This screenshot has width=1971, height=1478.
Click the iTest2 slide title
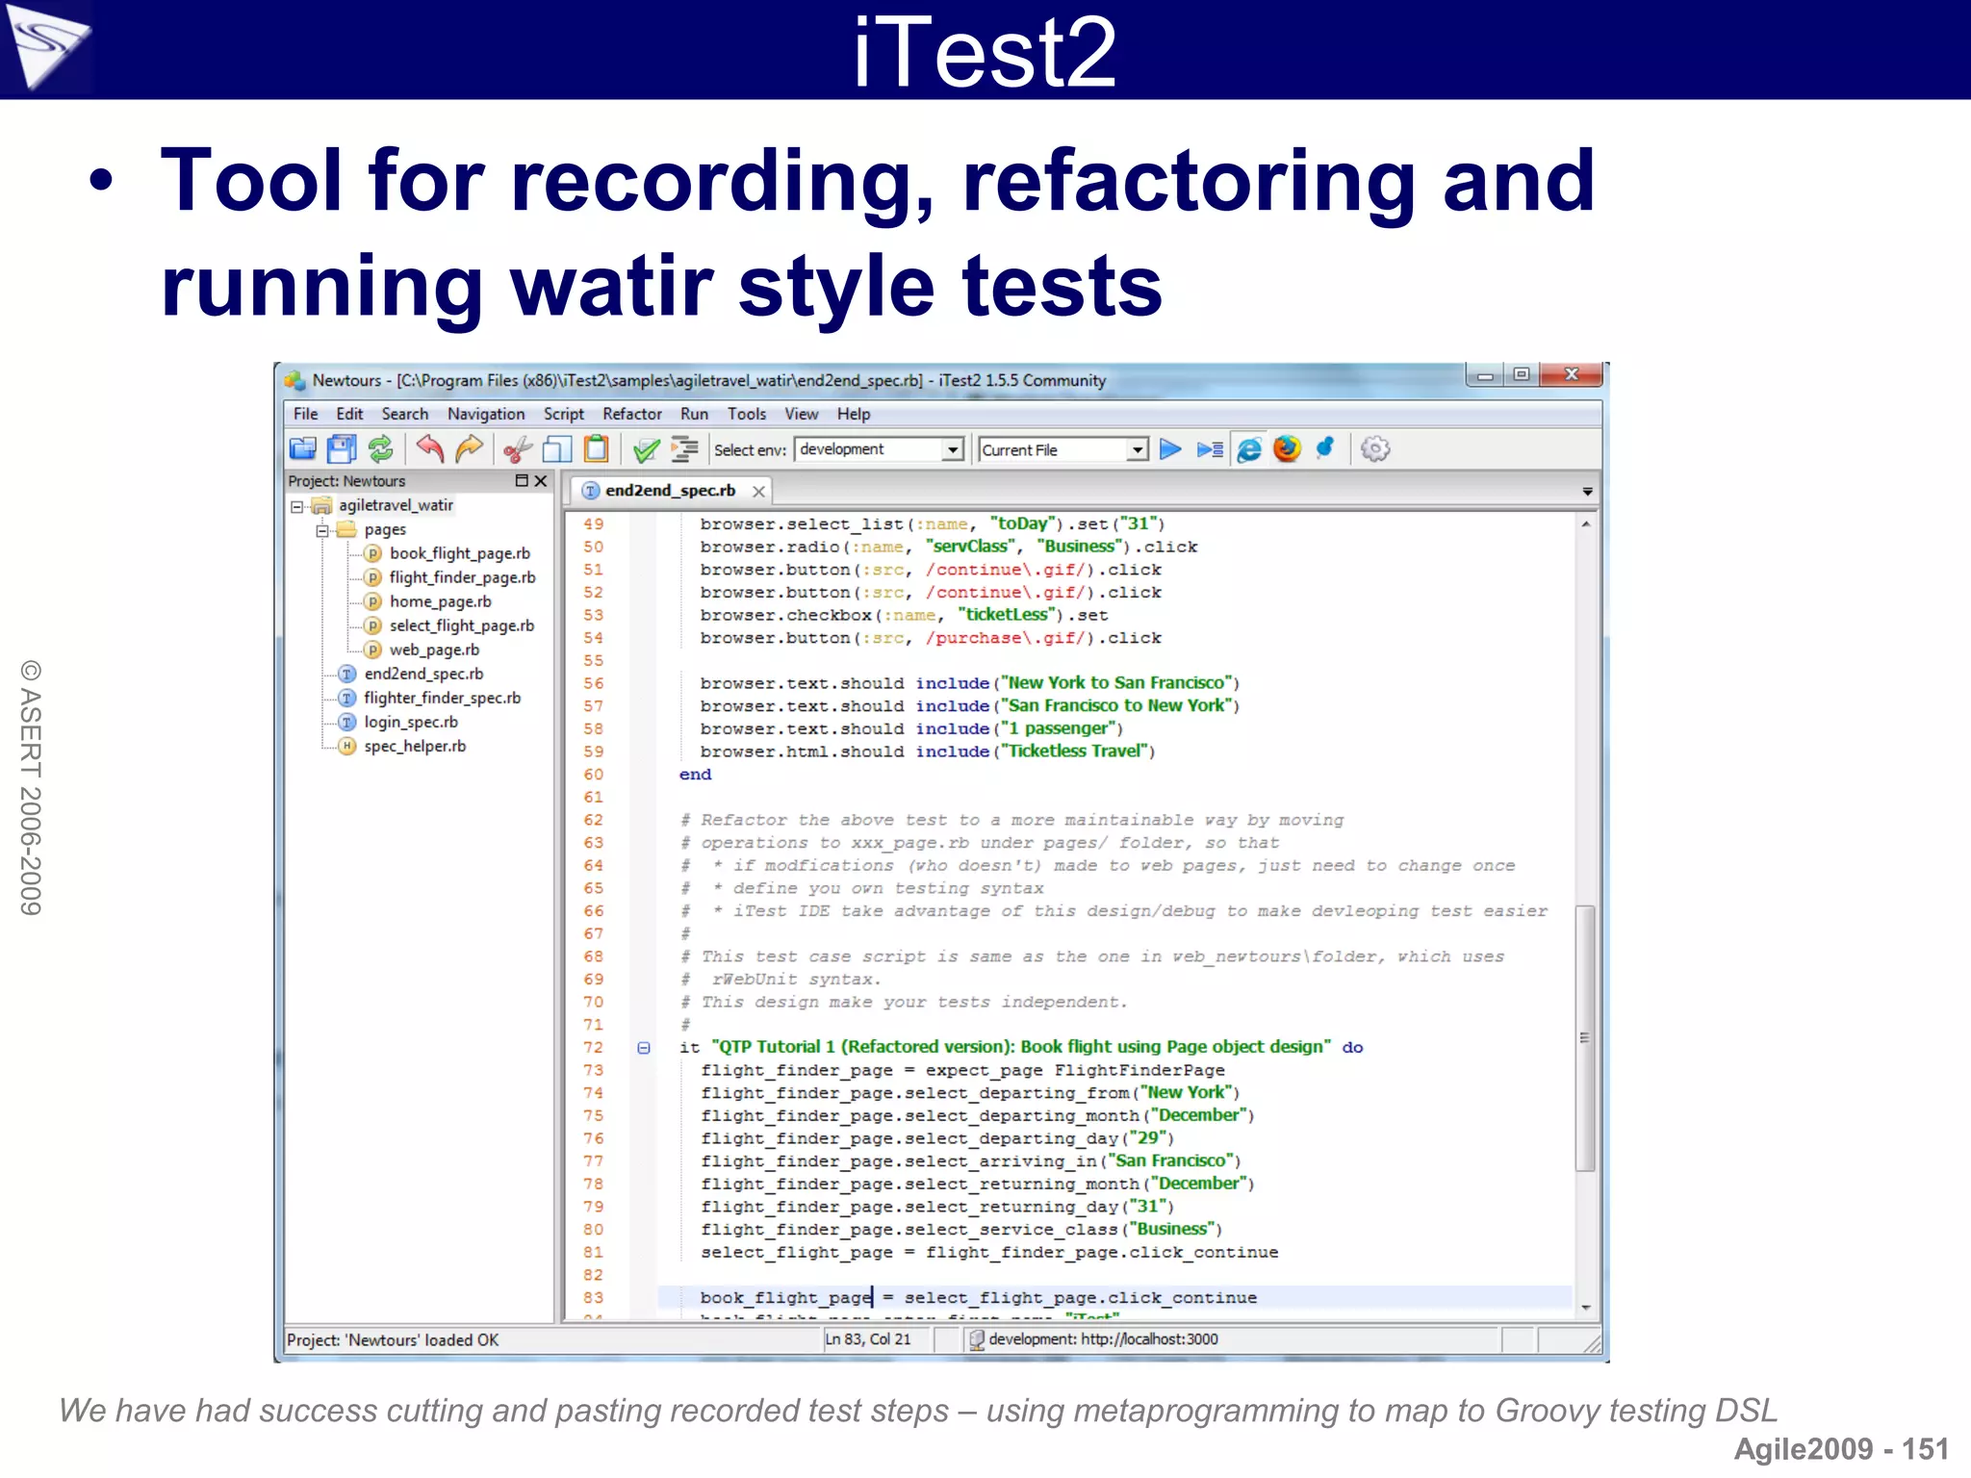point(984,52)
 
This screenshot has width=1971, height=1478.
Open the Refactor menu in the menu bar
point(631,414)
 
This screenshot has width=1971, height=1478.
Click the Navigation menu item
point(485,414)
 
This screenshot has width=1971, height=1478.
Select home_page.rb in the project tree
point(440,601)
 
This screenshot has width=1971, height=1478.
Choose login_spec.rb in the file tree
point(410,722)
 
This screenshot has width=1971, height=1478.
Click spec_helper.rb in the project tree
point(414,746)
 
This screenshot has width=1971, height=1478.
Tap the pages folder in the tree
point(384,529)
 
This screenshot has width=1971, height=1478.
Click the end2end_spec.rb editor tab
point(669,491)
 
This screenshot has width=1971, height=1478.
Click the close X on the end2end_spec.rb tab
point(758,492)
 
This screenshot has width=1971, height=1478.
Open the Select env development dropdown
point(952,449)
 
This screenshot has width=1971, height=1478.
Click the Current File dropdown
point(1138,449)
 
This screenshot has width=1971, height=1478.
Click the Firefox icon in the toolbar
point(1286,448)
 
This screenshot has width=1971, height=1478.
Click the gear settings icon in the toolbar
point(1375,448)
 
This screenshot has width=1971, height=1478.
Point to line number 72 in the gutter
point(593,1047)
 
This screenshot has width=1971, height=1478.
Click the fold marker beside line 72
point(644,1048)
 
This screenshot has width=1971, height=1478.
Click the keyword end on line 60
point(695,775)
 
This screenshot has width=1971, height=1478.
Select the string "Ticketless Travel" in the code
point(1076,752)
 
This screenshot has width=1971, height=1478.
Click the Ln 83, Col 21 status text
point(867,1339)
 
